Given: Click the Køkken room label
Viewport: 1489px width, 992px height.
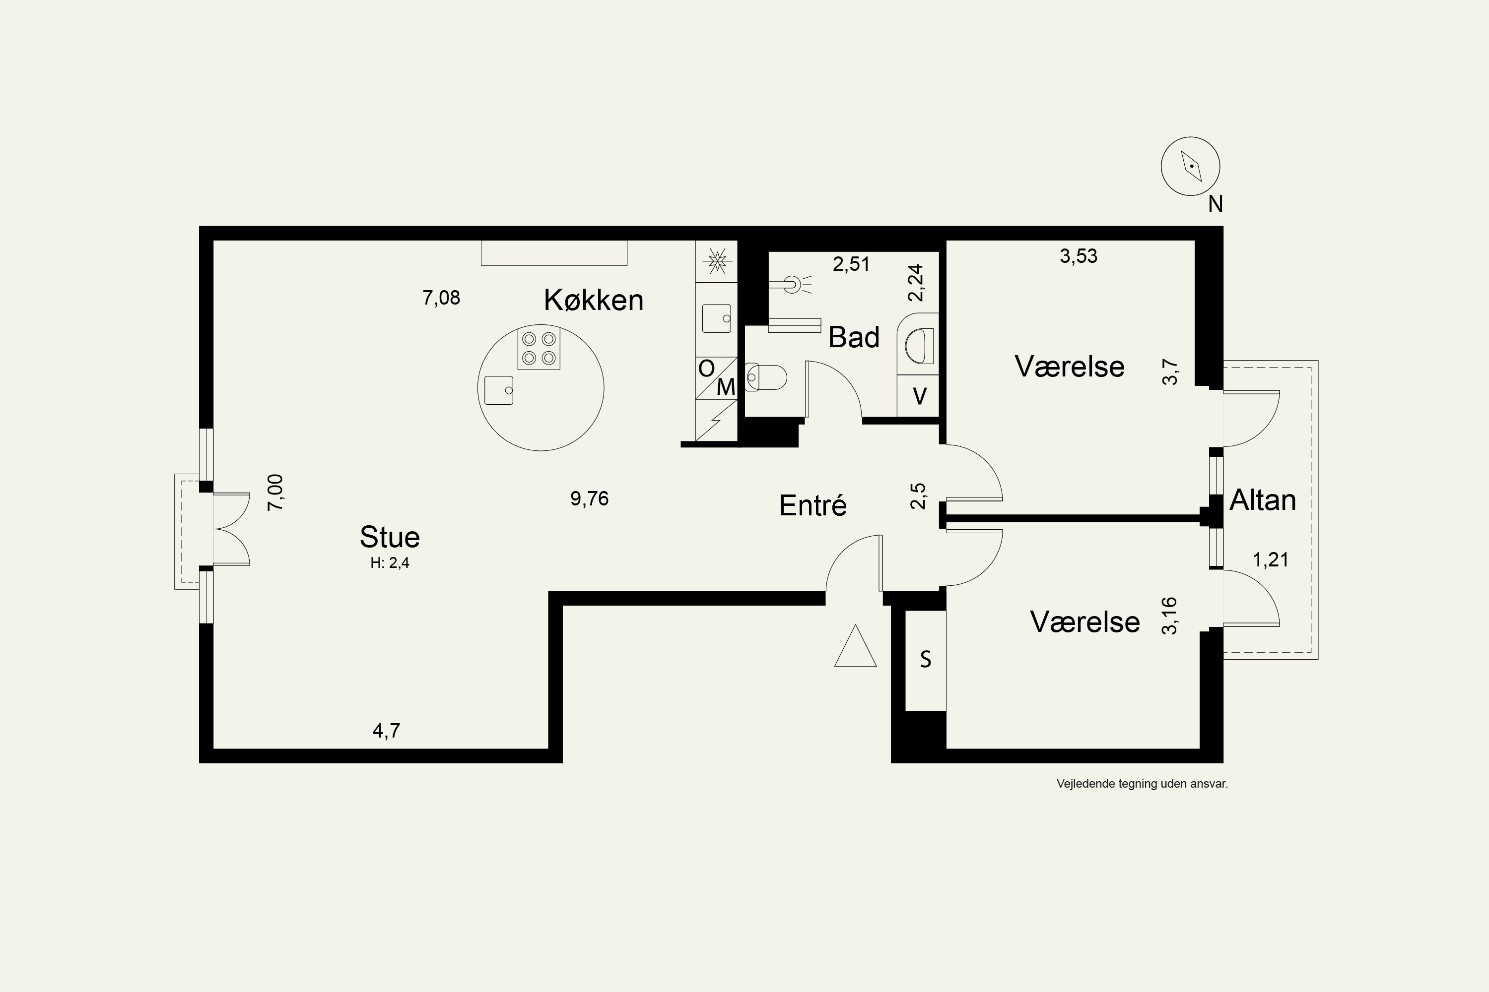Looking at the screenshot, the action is coord(593,300).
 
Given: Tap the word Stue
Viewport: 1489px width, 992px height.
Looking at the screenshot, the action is coord(389,537).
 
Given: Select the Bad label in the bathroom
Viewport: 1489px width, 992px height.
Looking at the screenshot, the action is coord(853,337).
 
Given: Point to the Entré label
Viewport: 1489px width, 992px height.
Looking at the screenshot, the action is coord(813,505).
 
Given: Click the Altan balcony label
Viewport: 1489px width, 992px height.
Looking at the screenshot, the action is coord(1262,500).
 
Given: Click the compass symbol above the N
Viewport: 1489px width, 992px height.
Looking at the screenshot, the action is coord(1190,166).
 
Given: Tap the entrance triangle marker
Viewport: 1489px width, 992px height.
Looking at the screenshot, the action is coord(855,646).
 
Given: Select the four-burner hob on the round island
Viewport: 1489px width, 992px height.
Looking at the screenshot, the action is coord(539,348).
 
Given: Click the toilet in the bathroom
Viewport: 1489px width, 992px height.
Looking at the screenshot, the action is coord(766,377).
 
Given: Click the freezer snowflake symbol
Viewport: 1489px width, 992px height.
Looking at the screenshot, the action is coord(717,261).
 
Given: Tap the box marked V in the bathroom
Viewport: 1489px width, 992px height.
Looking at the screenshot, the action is coord(919,396).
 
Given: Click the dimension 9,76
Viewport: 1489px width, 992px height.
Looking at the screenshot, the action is coord(590,498).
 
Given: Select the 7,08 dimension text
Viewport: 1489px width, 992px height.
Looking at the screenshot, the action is coord(441,297).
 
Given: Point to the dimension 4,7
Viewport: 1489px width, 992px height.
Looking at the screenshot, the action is coord(386,731).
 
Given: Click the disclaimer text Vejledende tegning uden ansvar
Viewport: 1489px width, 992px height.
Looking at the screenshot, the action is coord(1142,784).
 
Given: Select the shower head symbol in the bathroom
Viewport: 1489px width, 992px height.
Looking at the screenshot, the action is coord(791,285).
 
